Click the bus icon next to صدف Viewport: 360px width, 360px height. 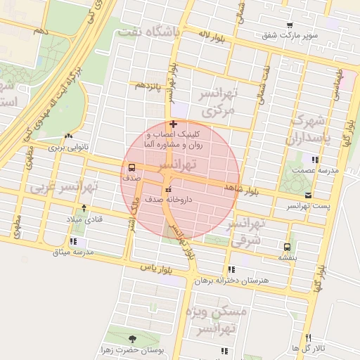tap(131, 167)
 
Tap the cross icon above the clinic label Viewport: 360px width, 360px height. tap(174, 124)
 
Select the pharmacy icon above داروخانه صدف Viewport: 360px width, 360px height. tap(167, 189)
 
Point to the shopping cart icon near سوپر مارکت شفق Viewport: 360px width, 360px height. tap(290, 25)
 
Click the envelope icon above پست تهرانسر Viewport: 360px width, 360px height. tap(307, 195)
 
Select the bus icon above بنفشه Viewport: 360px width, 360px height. tap(287, 246)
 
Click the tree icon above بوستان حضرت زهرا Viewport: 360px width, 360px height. tap(134, 339)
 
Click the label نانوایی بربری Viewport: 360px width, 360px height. tap(64, 148)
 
